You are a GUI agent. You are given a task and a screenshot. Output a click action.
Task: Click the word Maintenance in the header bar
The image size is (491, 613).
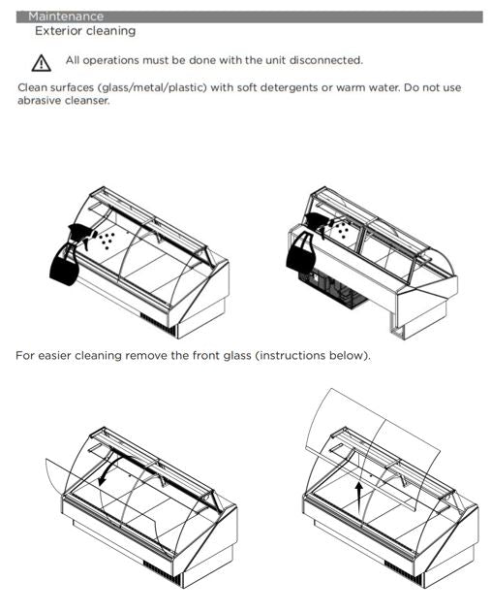click(x=66, y=16)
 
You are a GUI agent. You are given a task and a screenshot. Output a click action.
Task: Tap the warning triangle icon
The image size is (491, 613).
click(x=41, y=63)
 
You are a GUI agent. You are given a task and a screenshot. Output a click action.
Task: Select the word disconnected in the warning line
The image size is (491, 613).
click(x=326, y=60)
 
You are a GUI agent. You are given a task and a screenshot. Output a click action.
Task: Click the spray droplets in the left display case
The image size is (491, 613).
click(x=107, y=241)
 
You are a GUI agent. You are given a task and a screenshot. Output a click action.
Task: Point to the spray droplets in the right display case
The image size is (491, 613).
click(x=343, y=229)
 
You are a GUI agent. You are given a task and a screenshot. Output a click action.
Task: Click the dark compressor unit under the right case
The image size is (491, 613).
click(x=332, y=288)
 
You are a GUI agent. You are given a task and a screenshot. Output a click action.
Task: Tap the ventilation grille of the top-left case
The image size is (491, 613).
click(x=158, y=323)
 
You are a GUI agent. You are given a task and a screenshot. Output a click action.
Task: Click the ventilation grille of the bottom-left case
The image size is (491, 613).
click(x=162, y=570)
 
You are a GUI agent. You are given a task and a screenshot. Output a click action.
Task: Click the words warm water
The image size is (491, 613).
click(x=368, y=87)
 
